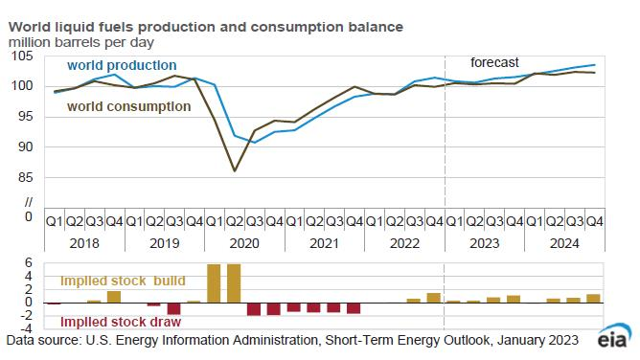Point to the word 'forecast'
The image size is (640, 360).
pyautogui.click(x=494, y=61)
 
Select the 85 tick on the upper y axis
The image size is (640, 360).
pyautogui.click(x=25, y=177)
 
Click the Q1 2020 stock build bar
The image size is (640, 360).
pyautogui.click(x=214, y=283)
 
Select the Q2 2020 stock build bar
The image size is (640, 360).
pyautogui.click(x=234, y=283)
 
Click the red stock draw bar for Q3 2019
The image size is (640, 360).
pyautogui.click(x=173, y=308)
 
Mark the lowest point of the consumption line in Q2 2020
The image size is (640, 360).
pyautogui.click(x=234, y=171)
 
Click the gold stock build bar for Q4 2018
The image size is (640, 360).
pyautogui.click(x=114, y=297)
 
